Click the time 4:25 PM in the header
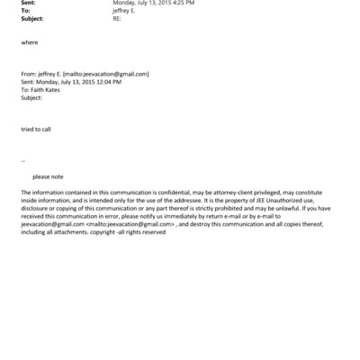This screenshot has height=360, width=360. point(182,4)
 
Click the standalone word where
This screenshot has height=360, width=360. point(30,43)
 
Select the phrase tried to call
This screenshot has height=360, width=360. point(36,129)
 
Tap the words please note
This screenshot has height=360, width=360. point(48,176)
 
